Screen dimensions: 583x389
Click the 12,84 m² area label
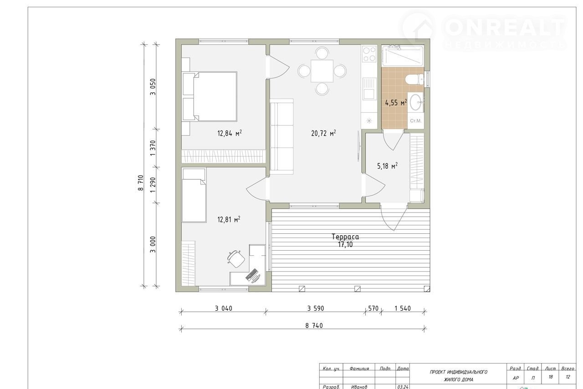(230, 133)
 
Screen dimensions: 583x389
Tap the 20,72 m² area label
(323, 133)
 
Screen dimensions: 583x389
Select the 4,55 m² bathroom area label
(396, 103)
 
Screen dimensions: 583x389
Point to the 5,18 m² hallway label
(387, 166)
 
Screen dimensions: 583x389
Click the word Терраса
(345, 237)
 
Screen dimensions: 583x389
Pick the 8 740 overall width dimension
(314, 326)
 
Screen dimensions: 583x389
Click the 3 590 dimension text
(316, 308)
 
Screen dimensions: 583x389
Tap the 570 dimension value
(373, 308)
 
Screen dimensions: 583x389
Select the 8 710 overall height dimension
(141, 183)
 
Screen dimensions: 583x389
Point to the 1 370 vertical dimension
(153, 148)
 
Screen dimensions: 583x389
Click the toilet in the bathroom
(414, 79)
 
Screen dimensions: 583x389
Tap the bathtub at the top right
(403, 56)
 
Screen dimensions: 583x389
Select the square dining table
(322, 71)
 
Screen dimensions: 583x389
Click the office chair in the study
(236, 259)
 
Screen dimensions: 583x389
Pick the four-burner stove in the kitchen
(369, 54)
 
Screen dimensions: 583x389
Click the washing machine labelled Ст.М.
(416, 121)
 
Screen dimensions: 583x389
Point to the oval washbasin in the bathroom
(416, 102)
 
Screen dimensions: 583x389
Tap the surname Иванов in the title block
(359, 387)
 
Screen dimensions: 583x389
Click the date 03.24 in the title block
(403, 387)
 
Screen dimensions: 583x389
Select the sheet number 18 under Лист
(551, 377)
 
